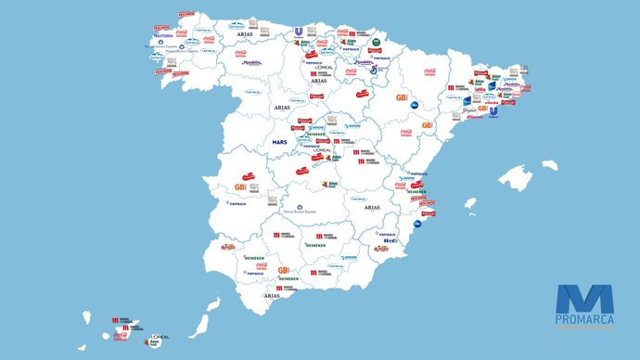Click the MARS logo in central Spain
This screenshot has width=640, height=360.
coord(280,142)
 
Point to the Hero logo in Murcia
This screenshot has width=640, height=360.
coord(390,241)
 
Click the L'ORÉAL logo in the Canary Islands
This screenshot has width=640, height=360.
coord(160,336)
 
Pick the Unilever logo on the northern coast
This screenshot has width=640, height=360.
coord(299,32)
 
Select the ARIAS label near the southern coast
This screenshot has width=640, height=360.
coord(272,295)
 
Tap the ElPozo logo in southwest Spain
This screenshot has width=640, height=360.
coord(228,248)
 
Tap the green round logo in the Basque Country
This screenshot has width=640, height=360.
coord(377,42)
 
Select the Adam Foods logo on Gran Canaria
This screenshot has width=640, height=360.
coord(156,344)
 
